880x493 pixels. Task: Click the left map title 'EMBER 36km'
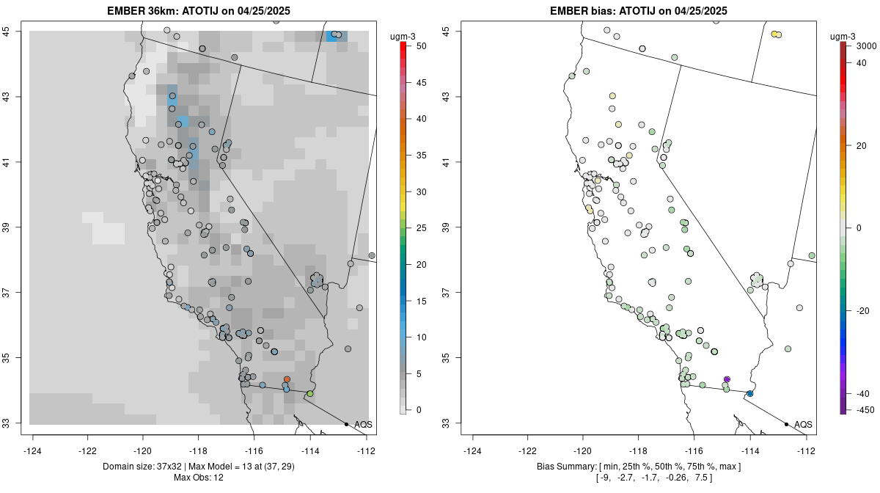coord(146,10)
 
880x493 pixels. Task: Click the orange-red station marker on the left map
coord(287,379)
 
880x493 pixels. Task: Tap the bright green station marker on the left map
coord(310,394)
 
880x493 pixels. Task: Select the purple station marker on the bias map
coord(727,379)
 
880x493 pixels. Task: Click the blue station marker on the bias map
coord(749,394)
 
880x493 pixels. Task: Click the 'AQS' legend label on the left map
coord(363,424)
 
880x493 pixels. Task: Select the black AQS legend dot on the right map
coord(786,424)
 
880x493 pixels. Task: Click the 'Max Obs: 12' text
coord(198,478)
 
